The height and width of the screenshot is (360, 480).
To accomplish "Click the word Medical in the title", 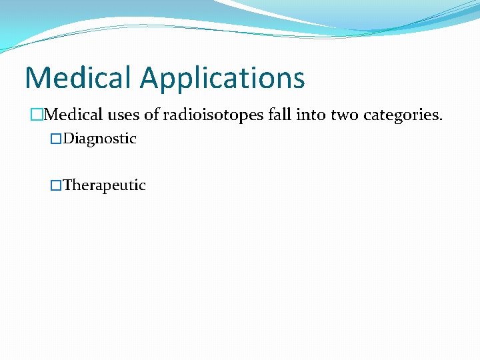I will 79,77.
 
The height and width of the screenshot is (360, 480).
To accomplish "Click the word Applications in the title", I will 223,79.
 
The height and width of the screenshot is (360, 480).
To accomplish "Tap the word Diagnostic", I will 100,139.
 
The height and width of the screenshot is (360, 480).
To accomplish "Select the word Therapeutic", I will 105,185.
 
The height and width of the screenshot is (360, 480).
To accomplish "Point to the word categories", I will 402,115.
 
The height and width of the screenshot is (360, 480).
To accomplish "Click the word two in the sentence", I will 344,115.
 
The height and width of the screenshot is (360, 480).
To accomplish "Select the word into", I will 312,115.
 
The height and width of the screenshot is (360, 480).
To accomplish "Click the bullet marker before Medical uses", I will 36,115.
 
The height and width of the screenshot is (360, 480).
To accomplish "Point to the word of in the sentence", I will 152,115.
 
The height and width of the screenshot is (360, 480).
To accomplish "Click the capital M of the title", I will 37,77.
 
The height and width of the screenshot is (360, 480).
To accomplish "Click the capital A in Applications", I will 151,77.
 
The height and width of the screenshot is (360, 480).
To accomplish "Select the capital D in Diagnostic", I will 69,139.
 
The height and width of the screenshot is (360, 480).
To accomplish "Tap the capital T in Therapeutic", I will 67,185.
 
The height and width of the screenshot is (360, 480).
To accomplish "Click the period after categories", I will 440,119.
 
